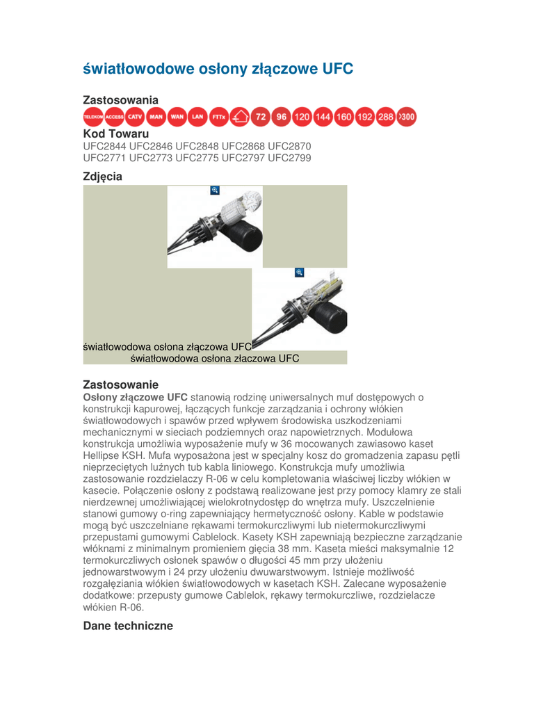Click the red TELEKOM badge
93,117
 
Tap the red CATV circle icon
135,117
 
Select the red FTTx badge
218,117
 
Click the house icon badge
239,117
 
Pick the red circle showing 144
323,117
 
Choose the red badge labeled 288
386,117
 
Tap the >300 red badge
407,117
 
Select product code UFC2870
289,146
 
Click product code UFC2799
289,158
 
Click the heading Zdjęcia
103,177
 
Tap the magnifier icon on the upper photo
215,191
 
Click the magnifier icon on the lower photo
299,273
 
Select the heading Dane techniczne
128,626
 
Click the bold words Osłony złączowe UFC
136,397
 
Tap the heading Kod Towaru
116,134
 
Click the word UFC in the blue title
338,69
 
